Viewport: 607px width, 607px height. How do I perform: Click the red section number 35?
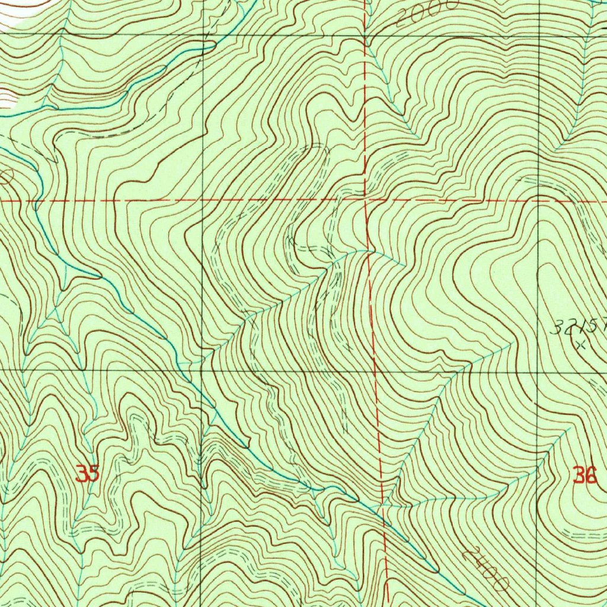coord(87,474)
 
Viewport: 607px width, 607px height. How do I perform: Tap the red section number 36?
coord(584,475)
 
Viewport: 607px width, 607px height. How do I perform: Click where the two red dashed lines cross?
coord(366,200)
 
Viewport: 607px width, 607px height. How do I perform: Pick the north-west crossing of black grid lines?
coord(203,34)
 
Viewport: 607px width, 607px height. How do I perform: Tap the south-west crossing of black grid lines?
coord(202,370)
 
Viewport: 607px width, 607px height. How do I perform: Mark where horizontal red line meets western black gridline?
coord(202,200)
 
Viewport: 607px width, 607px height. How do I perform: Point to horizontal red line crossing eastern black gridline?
coord(539,200)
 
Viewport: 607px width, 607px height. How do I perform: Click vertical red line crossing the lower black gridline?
coord(376,371)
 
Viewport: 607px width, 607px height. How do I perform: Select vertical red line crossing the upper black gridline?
coord(365,35)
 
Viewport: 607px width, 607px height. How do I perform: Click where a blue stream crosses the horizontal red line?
coord(36,201)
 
